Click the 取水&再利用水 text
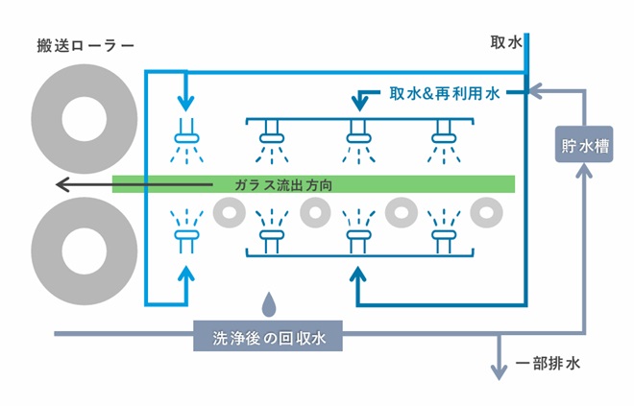coord(445,95)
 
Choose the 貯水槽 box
coord(584,148)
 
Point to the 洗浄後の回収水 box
coord(268,336)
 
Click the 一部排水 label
coord(548,364)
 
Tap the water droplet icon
coord(271,304)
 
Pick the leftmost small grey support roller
coord(230,210)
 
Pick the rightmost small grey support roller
coord(485,210)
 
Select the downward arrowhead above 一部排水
coord(499,371)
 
